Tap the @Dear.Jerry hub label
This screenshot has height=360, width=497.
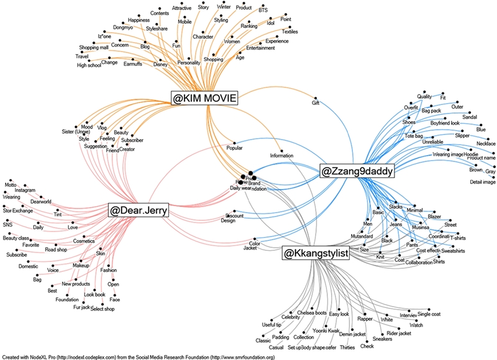click(x=139, y=211)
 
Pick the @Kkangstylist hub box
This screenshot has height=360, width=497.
click(x=316, y=253)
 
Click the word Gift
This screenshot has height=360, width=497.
click(x=316, y=103)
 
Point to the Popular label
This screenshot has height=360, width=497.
click(x=234, y=149)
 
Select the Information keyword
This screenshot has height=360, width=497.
click(x=281, y=155)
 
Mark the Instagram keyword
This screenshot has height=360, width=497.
click(x=25, y=191)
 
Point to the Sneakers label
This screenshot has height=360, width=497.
click(x=383, y=339)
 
